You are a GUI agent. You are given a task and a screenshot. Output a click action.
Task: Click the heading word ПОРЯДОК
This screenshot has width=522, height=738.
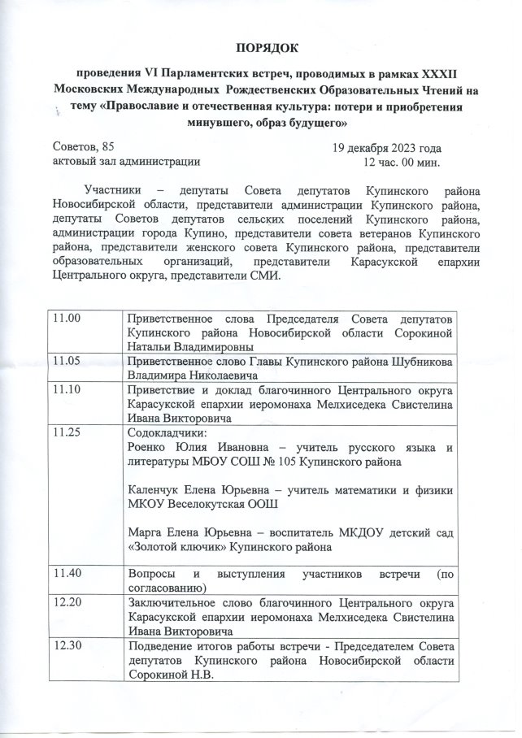point(261,46)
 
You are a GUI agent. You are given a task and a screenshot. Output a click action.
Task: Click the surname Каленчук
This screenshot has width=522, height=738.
point(159,490)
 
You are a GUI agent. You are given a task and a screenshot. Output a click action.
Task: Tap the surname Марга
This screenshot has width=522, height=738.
point(147,532)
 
